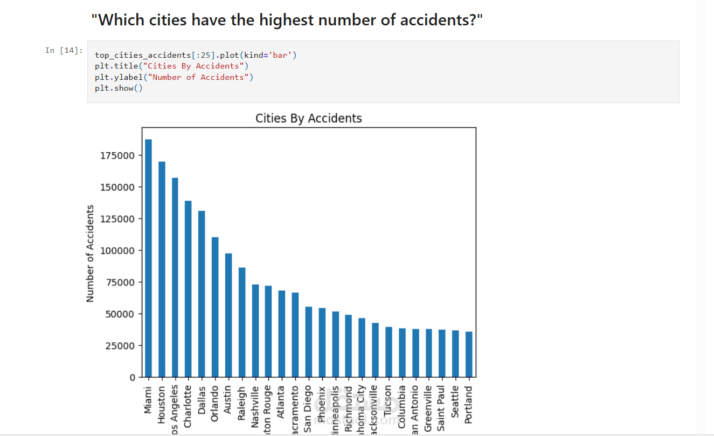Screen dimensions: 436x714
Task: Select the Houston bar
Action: click(x=162, y=269)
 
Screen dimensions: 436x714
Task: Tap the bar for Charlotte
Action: click(x=188, y=289)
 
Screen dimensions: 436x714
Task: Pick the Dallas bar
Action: click(x=202, y=294)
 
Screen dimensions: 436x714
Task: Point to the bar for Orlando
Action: click(x=215, y=307)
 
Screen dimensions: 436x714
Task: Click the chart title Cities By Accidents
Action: click(x=309, y=118)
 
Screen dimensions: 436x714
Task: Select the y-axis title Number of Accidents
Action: click(x=90, y=253)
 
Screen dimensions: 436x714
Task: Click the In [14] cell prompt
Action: click(x=64, y=50)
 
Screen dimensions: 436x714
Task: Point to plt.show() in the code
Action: click(x=119, y=88)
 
